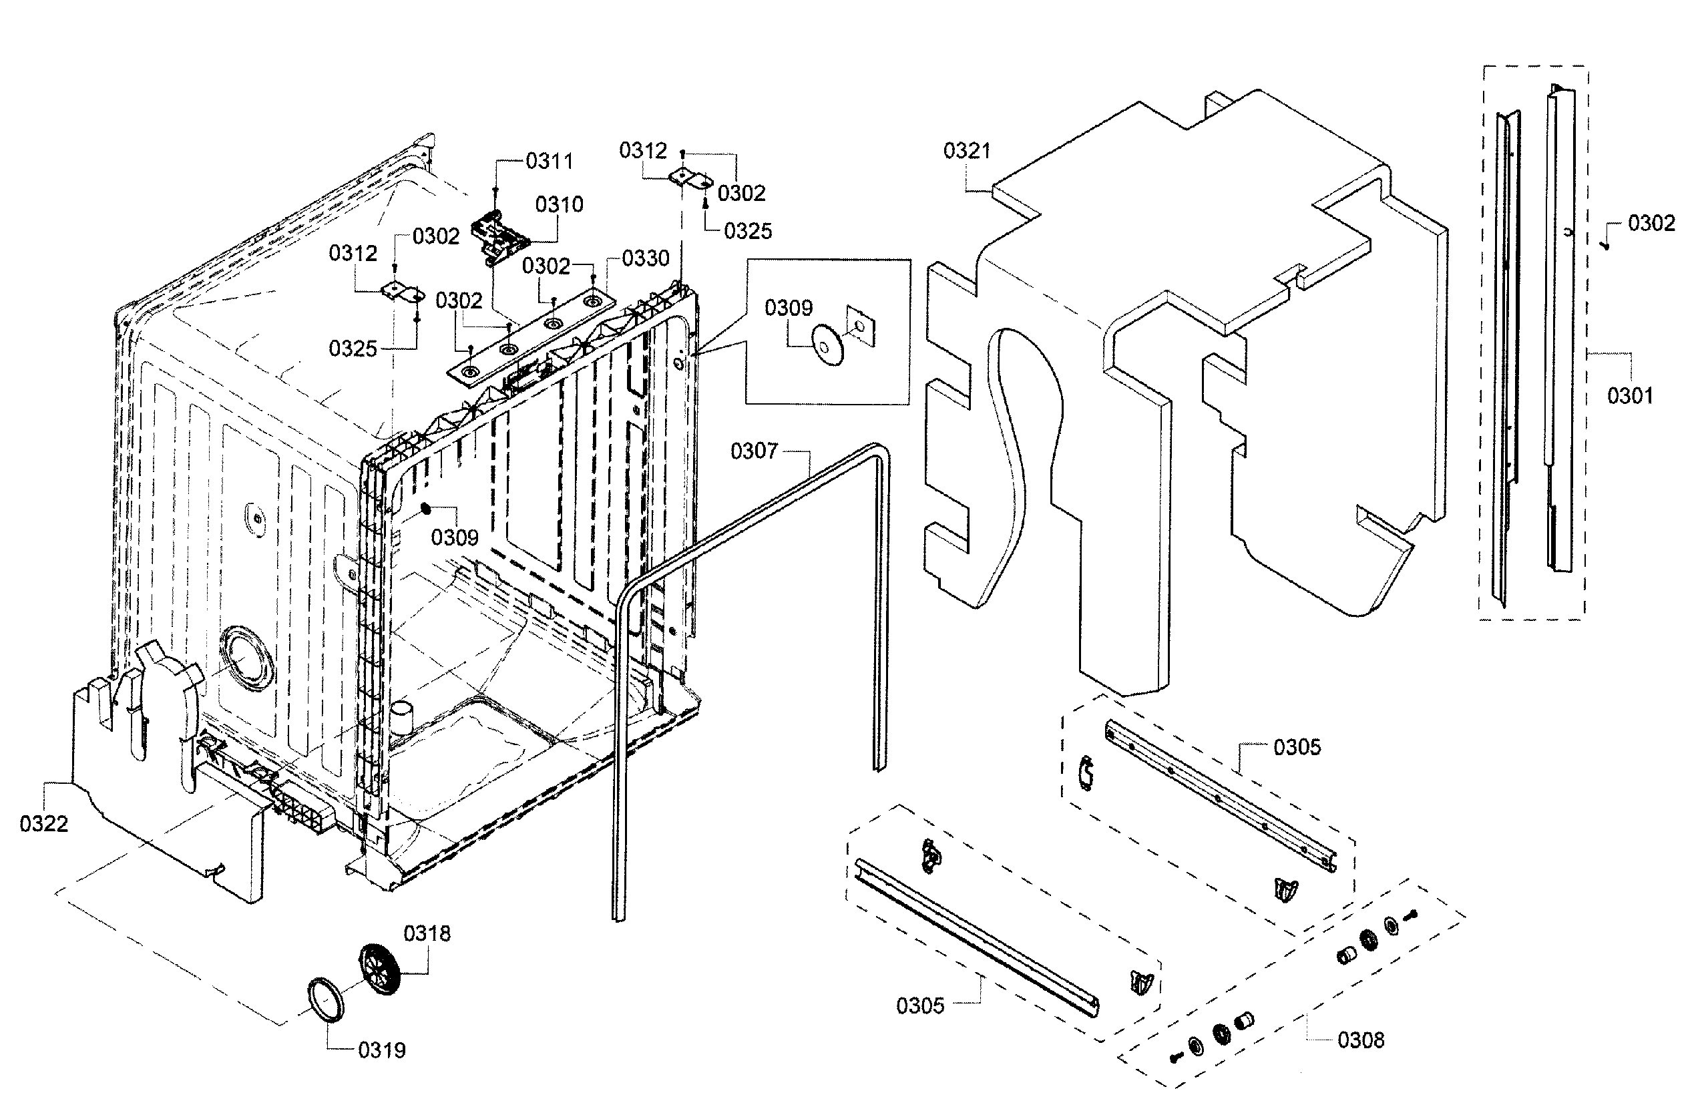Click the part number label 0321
966,152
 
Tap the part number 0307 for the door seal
753,451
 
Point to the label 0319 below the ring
381,1050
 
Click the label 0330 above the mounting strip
645,258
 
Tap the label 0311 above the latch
549,162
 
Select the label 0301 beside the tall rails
1629,395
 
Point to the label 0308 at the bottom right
1360,1040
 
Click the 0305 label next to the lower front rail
919,1006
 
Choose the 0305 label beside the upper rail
1297,747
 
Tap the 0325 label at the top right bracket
747,231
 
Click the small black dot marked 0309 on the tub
425,508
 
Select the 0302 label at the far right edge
1651,224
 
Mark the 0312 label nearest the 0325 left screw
353,253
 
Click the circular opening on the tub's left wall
245,659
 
